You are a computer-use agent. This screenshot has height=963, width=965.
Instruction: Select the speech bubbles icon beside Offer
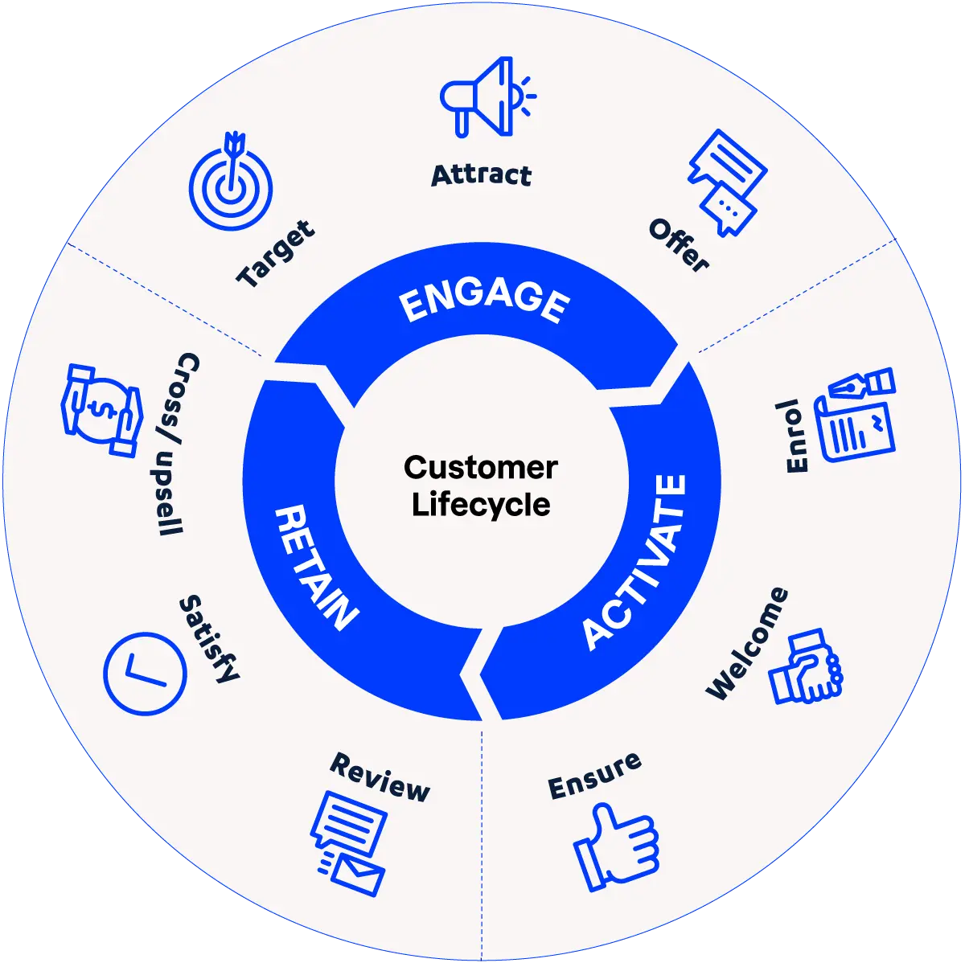click(x=726, y=182)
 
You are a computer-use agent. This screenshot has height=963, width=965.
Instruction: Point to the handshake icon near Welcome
click(x=805, y=667)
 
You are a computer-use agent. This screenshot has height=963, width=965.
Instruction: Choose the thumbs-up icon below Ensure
click(x=616, y=847)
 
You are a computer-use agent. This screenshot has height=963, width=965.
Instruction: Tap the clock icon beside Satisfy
click(x=145, y=673)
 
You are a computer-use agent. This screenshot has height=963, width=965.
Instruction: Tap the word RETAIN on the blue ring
click(x=314, y=568)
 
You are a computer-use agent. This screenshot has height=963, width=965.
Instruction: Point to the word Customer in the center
click(x=481, y=467)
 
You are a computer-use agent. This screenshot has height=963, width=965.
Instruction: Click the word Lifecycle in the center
click(x=481, y=505)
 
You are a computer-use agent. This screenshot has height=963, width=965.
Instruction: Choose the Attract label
click(x=481, y=175)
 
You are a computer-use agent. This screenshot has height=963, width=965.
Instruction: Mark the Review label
click(x=380, y=777)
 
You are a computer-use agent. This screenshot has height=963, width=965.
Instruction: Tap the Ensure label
click(x=594, y=777)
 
